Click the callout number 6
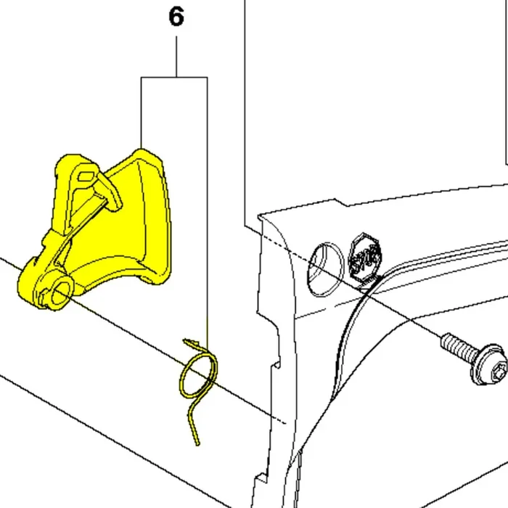click(176, 17)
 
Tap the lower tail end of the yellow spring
click(197, 443)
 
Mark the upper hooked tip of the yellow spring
click(185, 341)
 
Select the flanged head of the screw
click(488, 364)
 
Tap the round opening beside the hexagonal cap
click(326, 269)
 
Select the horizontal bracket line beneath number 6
click(174, 78)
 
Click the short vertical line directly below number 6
click(176, 57)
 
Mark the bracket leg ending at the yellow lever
click(142, 113)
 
